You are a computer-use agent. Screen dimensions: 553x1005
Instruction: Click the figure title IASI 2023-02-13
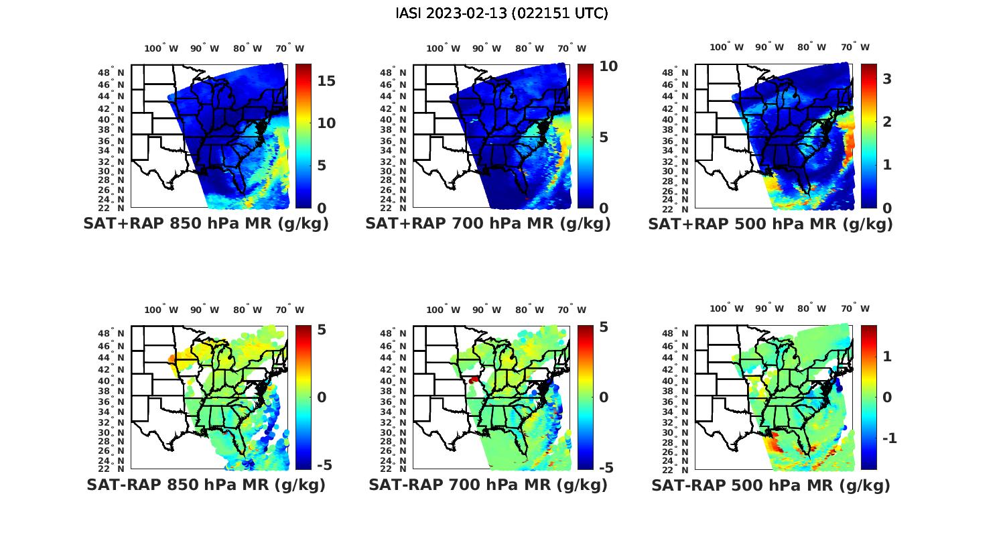[x=502, y=13]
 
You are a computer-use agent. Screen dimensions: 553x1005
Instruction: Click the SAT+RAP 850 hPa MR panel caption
[x=206, y=224]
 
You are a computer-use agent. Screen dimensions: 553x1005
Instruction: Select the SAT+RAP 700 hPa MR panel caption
[x=488, y=224]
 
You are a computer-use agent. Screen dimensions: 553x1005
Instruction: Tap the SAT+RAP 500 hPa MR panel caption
[x=770, y=224]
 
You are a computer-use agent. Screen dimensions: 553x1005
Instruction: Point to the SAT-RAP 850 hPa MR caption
[x=206, y=485]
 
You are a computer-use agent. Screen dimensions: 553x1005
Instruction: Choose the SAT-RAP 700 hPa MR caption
[x=488, y=485]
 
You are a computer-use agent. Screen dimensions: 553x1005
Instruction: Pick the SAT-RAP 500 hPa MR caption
[x=770, y=485]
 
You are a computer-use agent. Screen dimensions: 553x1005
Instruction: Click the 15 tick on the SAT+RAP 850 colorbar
[x=326, y=81]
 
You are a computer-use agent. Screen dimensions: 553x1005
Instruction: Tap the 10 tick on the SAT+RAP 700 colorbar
[x=608, y=66]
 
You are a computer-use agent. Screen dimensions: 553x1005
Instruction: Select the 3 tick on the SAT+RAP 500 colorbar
[x=887, y=79]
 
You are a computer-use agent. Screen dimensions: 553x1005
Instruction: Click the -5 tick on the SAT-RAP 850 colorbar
[x=323, y=465]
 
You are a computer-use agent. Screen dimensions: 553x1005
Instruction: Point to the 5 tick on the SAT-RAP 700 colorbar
[x=604, y=327]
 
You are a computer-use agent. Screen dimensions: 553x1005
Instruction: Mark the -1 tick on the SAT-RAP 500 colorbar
[x=888, y=438]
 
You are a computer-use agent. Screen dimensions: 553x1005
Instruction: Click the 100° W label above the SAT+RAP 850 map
[x=161, y=48]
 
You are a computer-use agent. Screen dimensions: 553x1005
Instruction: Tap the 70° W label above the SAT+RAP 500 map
[x=855, y=47]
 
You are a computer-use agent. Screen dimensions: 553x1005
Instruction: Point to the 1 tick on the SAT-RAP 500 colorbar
[x=887, y=356]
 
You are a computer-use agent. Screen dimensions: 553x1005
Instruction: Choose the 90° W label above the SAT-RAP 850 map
[x=204, y=310]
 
